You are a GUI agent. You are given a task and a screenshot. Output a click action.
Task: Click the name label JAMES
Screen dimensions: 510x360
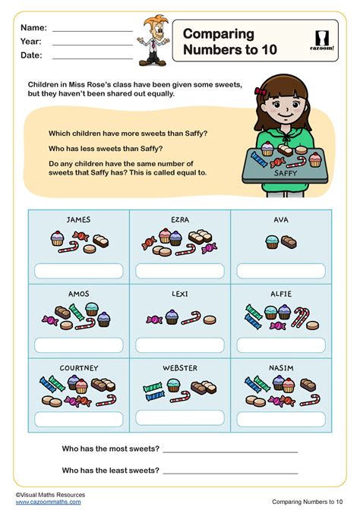point(78,220)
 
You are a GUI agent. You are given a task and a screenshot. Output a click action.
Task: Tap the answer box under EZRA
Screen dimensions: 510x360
point(180,270)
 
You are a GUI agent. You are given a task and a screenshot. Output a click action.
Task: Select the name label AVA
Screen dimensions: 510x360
point(281,220)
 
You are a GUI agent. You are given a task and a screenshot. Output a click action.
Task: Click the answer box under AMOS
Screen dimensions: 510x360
point(78,344)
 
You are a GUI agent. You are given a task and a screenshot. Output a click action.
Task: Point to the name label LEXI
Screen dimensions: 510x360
point(180,293)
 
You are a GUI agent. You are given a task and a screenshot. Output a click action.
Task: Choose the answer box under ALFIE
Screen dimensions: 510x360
point(281,344)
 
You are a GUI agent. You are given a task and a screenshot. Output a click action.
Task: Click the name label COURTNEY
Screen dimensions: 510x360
point(79,368)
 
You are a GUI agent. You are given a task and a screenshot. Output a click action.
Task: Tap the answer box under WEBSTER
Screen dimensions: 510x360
point(180,417)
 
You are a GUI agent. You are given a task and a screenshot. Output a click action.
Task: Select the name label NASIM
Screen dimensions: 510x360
point(281,368)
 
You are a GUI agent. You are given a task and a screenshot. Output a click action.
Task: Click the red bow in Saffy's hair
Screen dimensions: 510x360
point(262,91)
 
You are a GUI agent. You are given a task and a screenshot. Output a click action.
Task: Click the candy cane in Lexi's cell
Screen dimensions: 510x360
point(191,317)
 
